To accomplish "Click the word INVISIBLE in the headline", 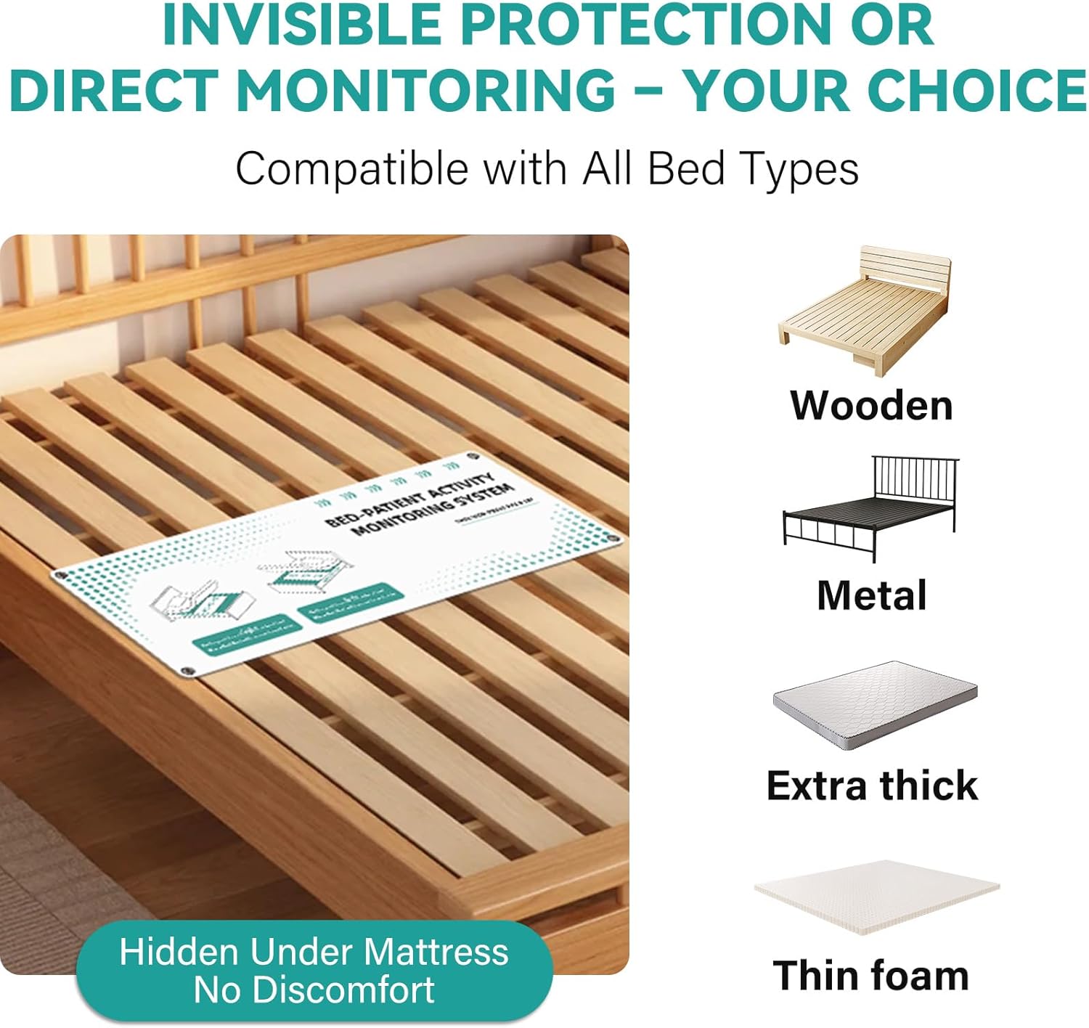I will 301,25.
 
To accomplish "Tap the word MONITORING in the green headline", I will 426,90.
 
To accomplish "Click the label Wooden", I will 871,405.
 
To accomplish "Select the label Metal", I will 871,595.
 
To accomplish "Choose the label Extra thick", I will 872,786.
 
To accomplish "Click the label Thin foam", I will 870,975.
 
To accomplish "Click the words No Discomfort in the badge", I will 314,990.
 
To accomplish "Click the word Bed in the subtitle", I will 686,168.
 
